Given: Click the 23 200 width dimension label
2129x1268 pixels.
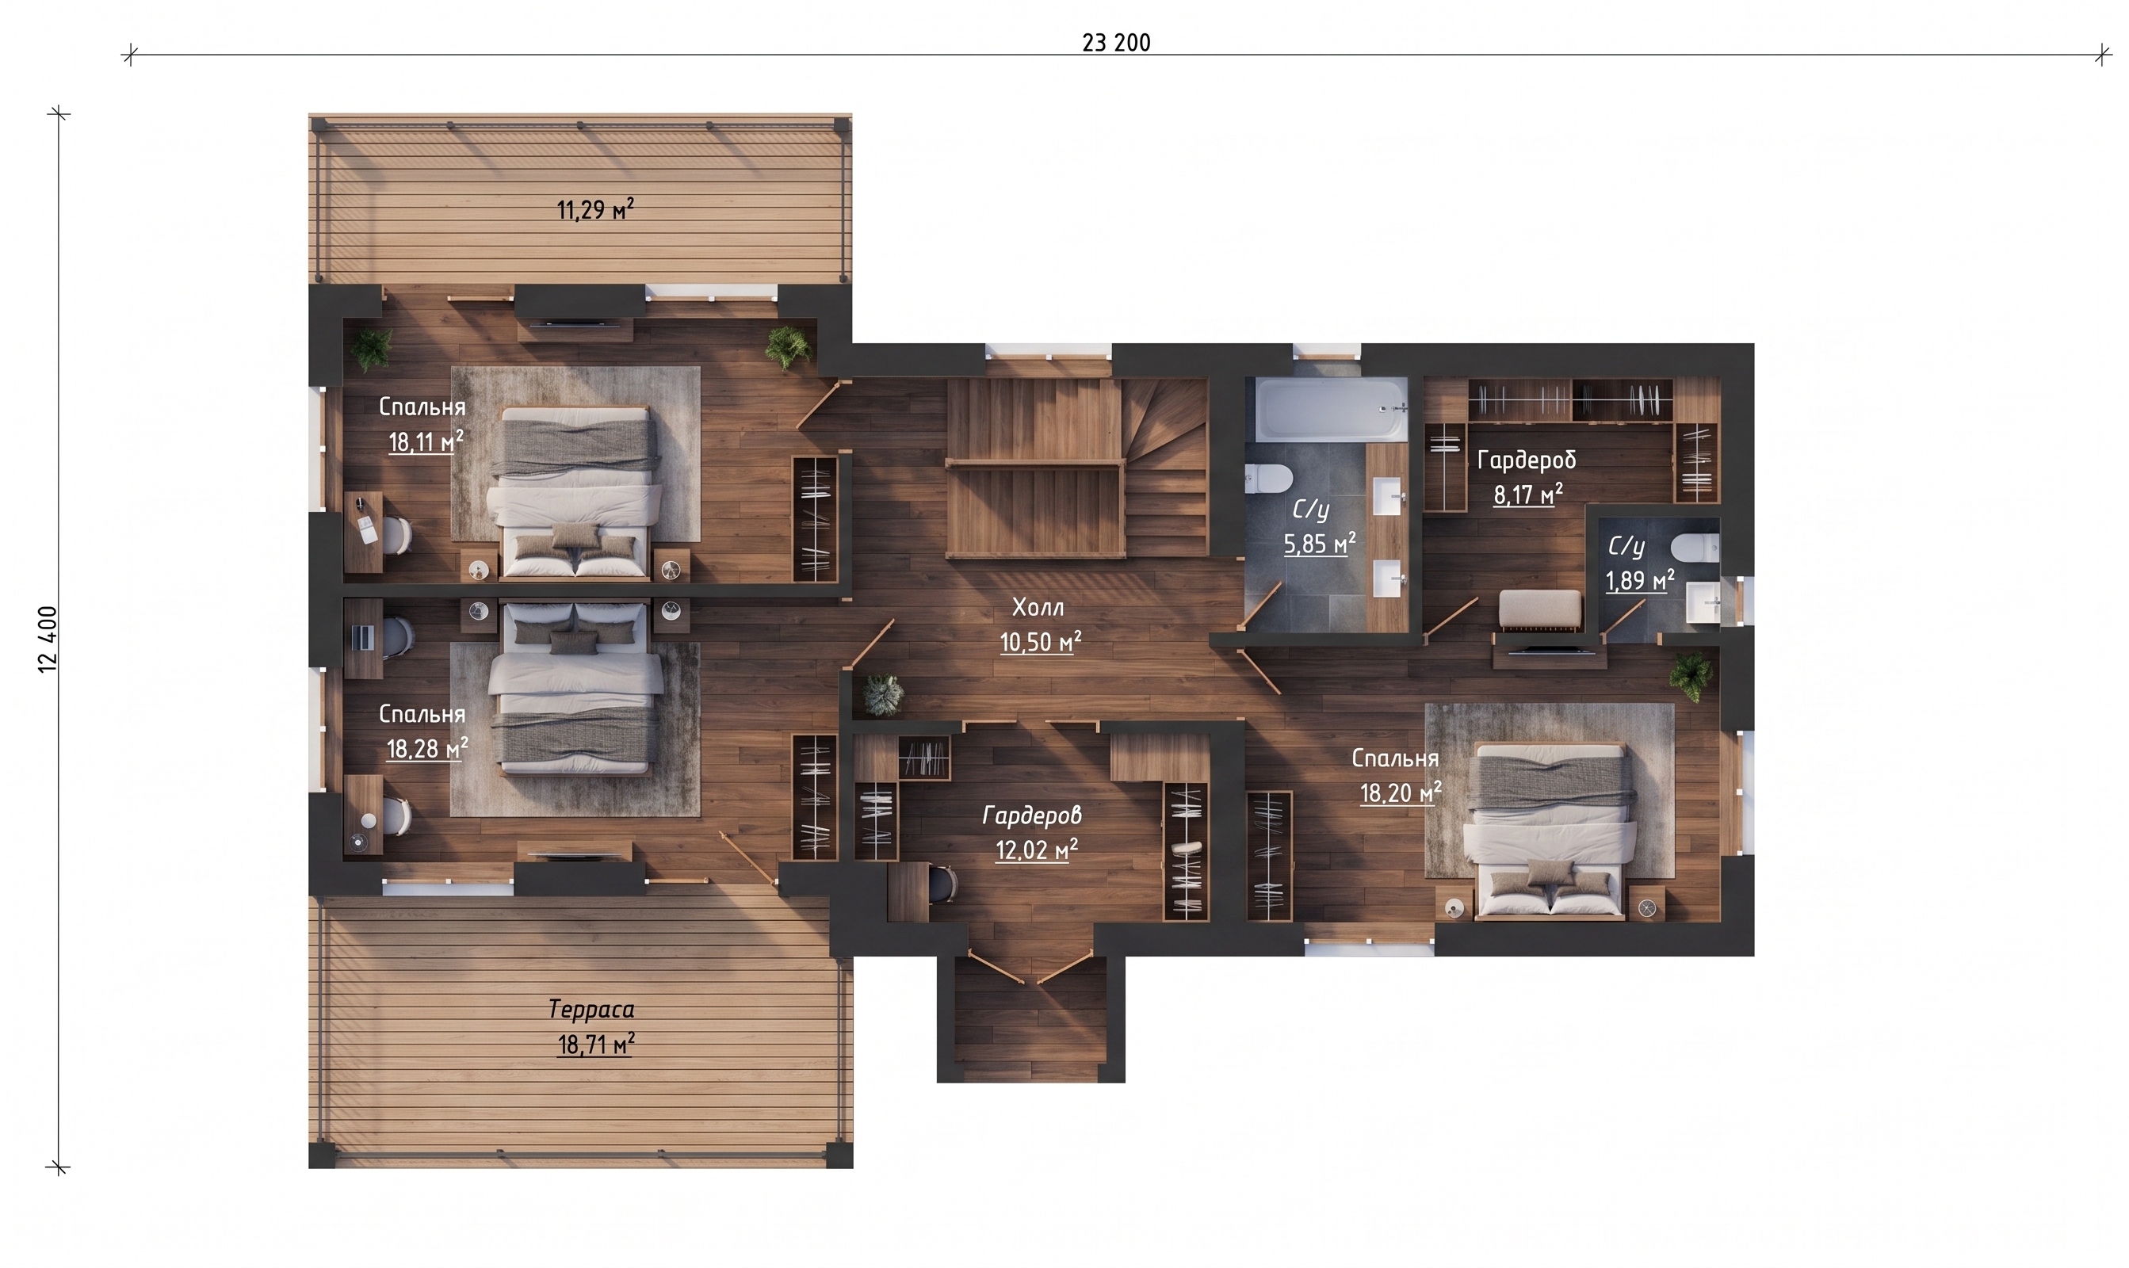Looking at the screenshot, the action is pyautogui.click(x=1116, y=43).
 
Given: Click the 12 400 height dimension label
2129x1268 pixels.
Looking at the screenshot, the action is pyautogui.click(x=48, y=639).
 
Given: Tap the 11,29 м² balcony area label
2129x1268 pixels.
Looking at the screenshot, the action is pyautogui.click(x=595, y=209).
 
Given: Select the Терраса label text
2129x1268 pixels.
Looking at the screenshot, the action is pyautogui.click(x=591, y=1009).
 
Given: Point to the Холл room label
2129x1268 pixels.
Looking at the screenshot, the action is pyautogui.click(x=1038, y=608).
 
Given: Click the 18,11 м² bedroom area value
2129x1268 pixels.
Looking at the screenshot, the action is pyautogui.click(x=426, y=441).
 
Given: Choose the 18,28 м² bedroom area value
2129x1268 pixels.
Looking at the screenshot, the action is pyautogui.click(x=427, y=748).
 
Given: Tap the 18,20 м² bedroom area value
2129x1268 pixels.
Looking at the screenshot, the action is pyautogui.click(x=1401, y=793).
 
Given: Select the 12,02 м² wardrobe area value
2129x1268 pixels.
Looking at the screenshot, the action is pyautogui.click(x=1036, y=850).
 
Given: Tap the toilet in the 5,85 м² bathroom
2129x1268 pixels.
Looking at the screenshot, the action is pyautogui.click(x=1267, y=479).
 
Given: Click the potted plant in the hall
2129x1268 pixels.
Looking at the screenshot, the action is pyautogui.click(x=881, y=693).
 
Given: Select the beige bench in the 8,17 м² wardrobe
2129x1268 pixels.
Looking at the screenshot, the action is pyautogui.click(x=1540, y=611).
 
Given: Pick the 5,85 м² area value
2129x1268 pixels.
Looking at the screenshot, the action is pyautogui.click(x=1320, y=544).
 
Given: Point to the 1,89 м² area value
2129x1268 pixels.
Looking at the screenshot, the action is pyautogui.click(x=1639, y=580).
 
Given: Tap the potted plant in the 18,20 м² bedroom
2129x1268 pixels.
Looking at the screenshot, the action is pyautogui.click(x=1691, y=677).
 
